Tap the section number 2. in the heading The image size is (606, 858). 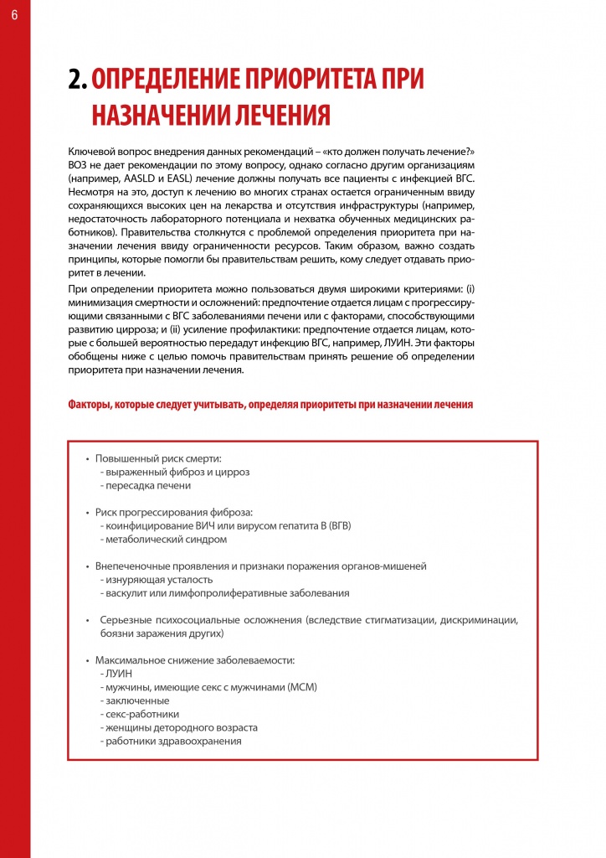(78, 80)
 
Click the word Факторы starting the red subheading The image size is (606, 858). (91, 404)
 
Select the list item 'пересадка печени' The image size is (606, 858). (146, 485)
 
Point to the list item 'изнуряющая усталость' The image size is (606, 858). (157, 579)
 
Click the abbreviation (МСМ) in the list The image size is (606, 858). (302, 687)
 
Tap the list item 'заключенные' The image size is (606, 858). (136, 700)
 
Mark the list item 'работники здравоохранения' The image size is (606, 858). (172, 741)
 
